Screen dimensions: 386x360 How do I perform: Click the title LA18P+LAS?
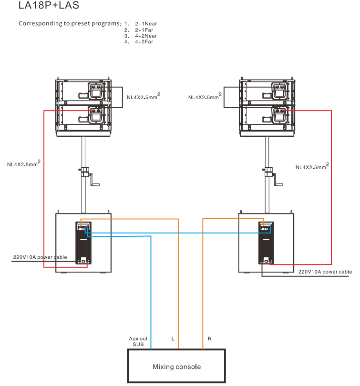[x=46, y=7]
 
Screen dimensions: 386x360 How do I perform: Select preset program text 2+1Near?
[x=146, y=23]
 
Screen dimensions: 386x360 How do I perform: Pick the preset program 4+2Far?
[x=144, y=42]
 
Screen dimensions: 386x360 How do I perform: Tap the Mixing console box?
[x=176, y=366]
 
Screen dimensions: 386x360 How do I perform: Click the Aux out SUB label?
[x=138, y=341]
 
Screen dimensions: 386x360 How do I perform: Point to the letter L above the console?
[x=173, y=339]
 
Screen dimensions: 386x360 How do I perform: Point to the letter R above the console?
[x=210, y=339]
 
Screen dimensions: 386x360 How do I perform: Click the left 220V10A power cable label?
[x=40, y=257]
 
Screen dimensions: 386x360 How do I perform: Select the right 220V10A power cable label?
[x=325, y=272]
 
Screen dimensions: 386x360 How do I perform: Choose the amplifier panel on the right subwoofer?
[x=266, y=243]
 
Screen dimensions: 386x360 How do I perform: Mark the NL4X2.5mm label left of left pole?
[x=23, y=164]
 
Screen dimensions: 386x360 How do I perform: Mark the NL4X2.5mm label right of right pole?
[x=311, y=167]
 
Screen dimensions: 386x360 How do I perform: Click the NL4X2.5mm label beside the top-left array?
[x=143, y=97]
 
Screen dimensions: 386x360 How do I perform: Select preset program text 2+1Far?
[x=144, y=30]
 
